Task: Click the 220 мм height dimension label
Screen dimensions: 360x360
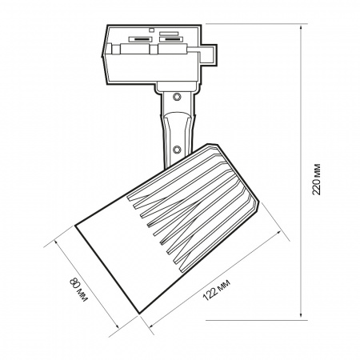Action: [316, 179]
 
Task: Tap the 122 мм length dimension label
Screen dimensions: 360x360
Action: [217, 290]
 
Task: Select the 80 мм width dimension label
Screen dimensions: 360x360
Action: [78, 290]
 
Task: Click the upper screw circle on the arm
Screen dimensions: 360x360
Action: [176, 97]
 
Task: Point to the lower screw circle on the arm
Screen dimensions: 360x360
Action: [176, 150]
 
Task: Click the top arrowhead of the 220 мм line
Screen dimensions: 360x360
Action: [301, 29]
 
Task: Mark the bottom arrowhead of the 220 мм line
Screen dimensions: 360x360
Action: [301, 314]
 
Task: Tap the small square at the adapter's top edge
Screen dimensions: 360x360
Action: [152, 30]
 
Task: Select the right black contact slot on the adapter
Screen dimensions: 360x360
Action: [171, 39]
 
